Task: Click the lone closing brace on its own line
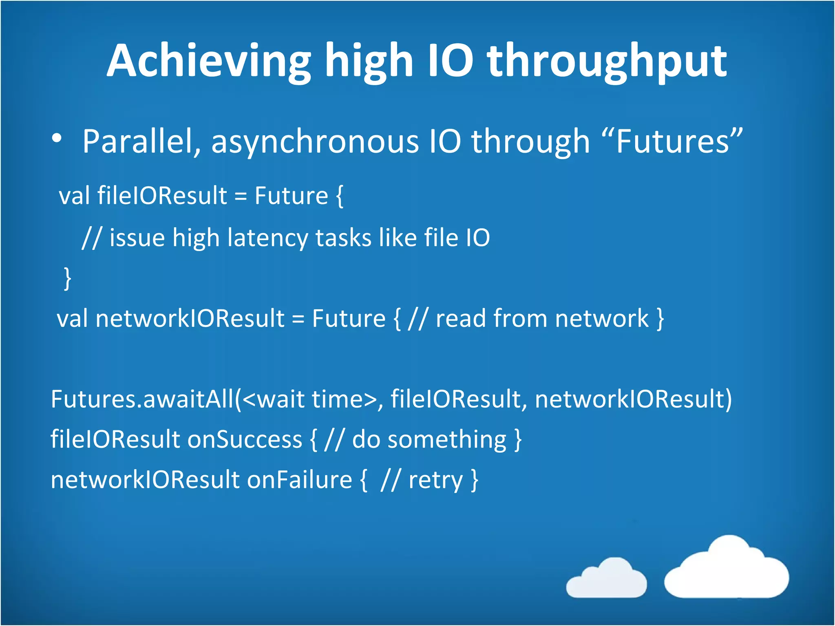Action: click(x=68, y=278)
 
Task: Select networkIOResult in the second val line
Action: click(x=190, y=318)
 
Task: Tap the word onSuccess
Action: click(x=245, y=439)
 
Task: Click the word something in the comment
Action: click(x=446, y=439)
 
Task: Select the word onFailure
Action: click(x=299, y=480)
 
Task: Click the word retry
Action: click(x=435, y=480)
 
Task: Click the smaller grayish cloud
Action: click(x=606, y=579)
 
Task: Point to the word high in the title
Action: click(x=369, y=61)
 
